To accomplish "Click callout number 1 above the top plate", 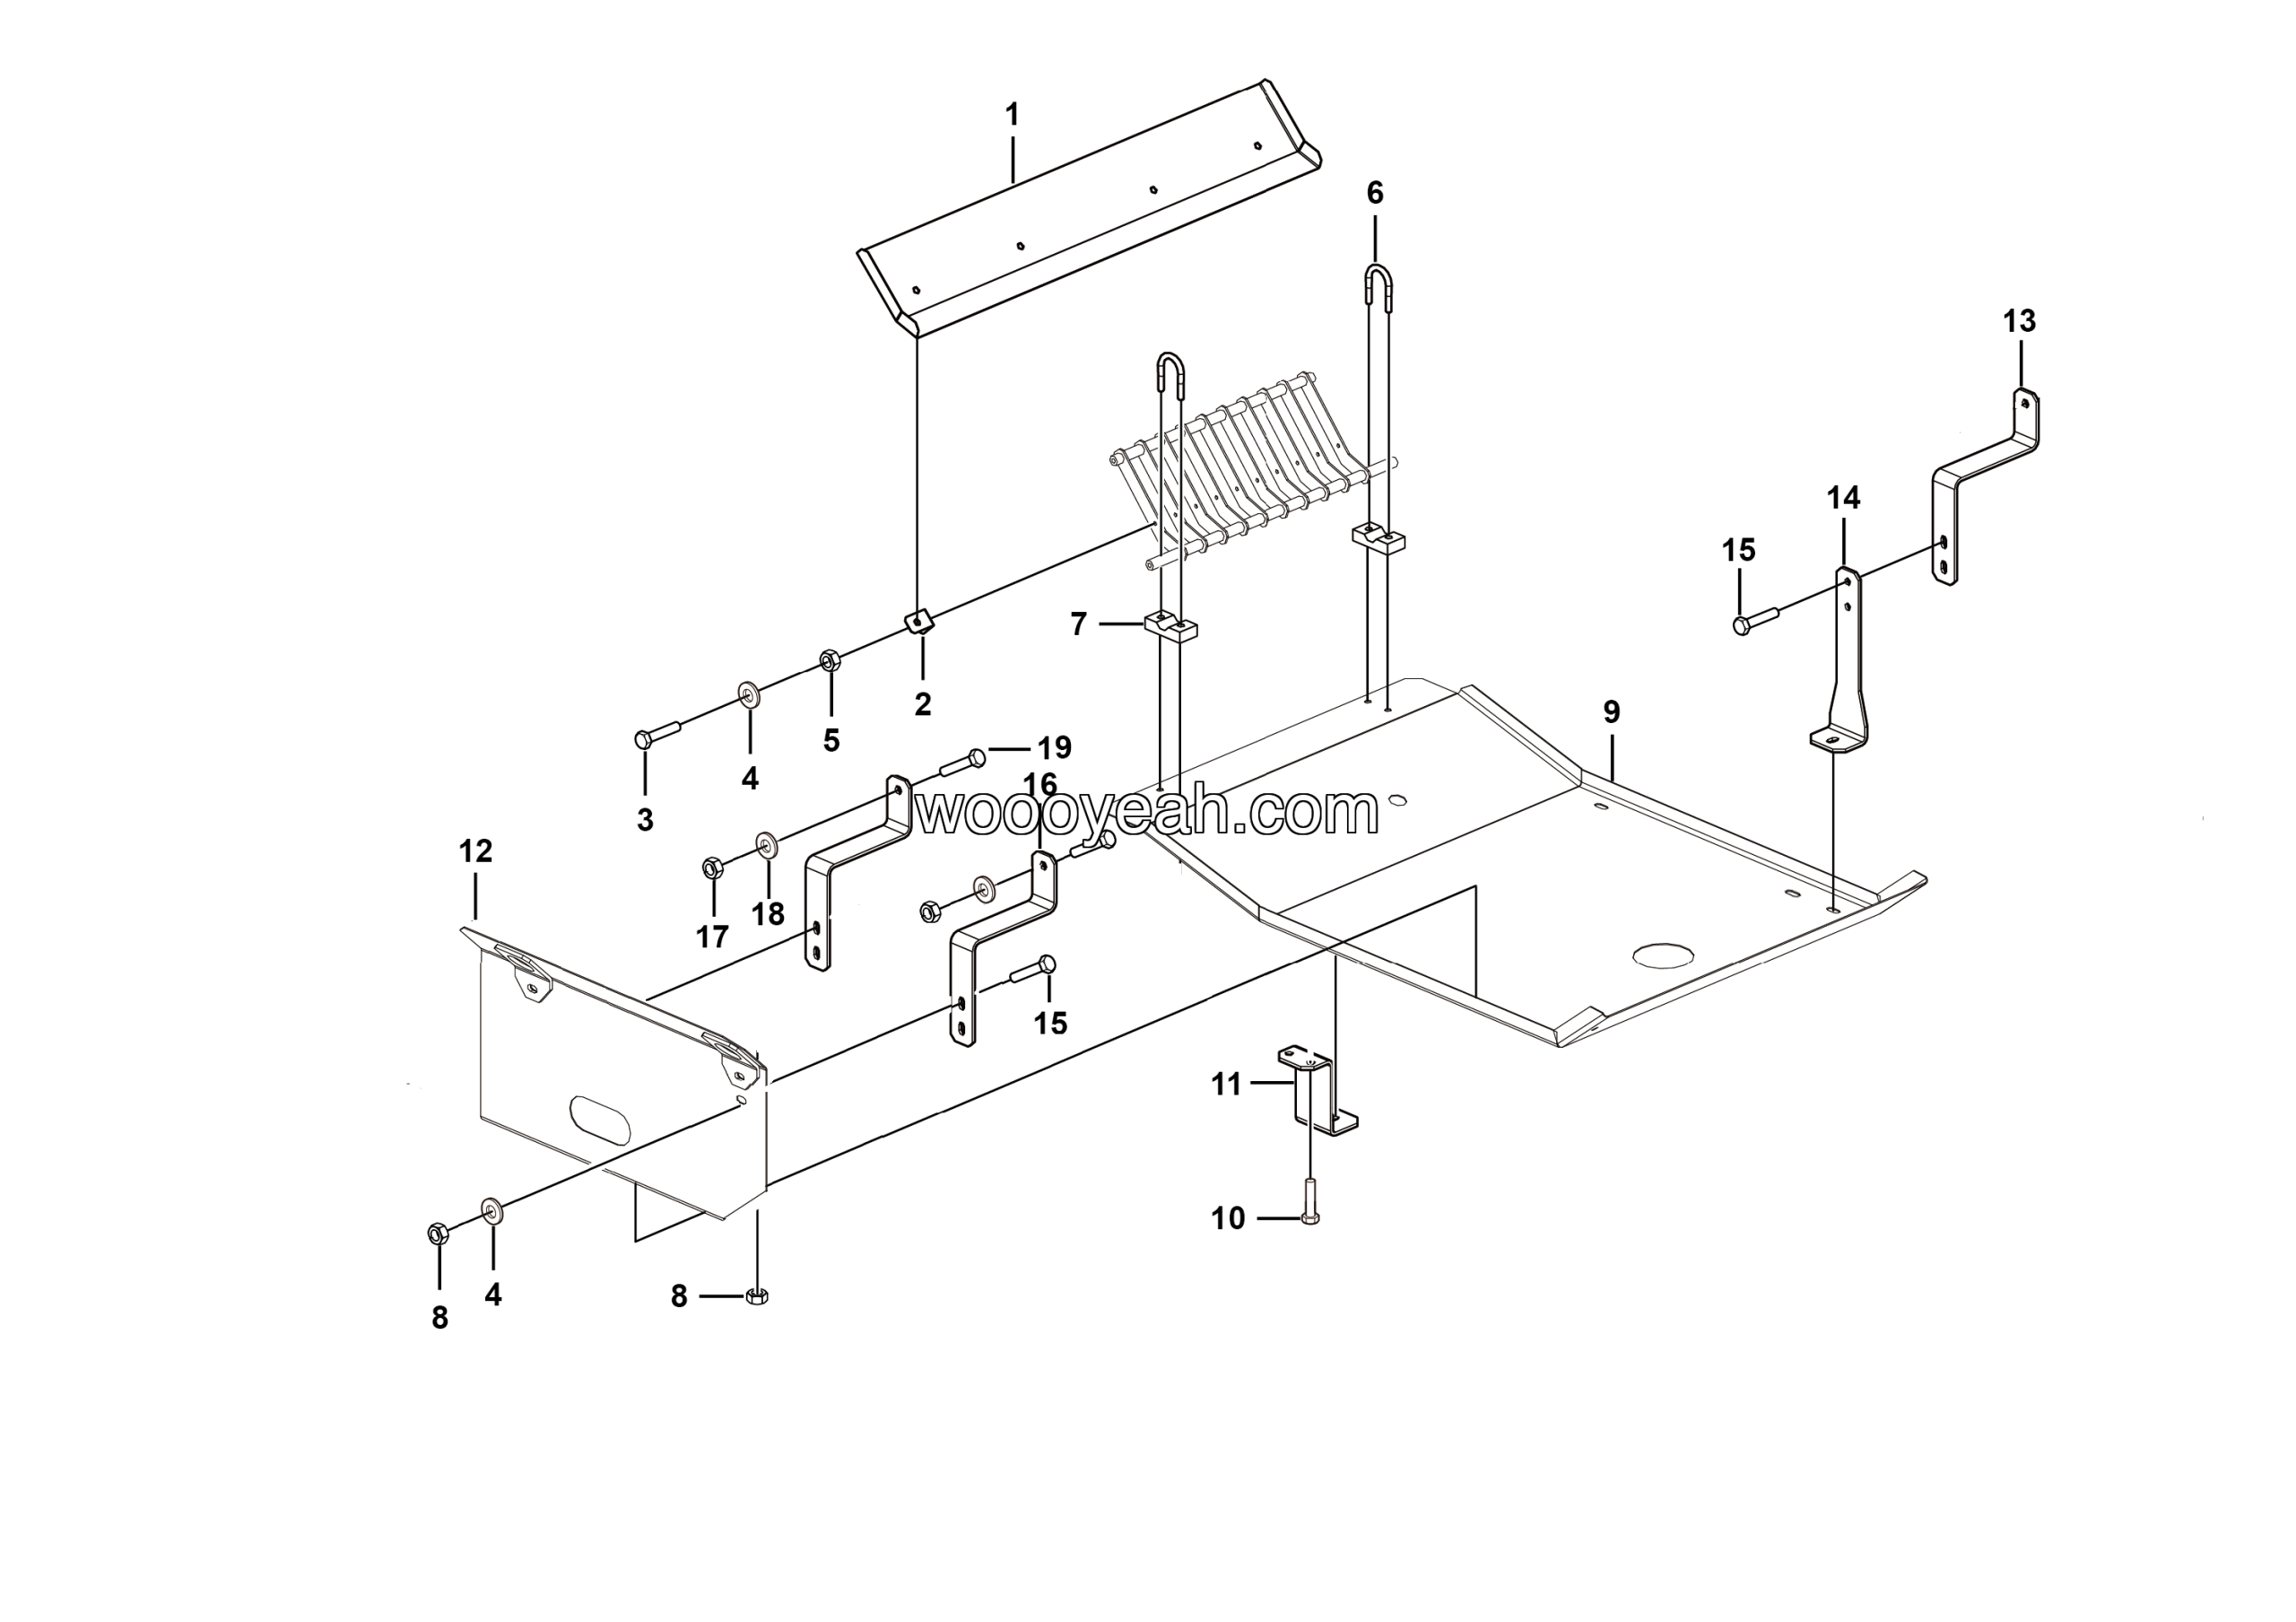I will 1012,115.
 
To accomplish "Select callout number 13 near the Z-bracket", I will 2019,321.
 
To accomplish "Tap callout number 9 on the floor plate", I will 1611,712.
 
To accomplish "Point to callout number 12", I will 475,851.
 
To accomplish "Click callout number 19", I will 1054,747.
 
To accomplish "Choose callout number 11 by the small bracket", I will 1226,1084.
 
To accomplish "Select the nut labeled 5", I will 829,660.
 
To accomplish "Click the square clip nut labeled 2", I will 920,622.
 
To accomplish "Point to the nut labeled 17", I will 711,866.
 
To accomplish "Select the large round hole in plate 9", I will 1664,955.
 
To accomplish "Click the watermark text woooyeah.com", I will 1147,813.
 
